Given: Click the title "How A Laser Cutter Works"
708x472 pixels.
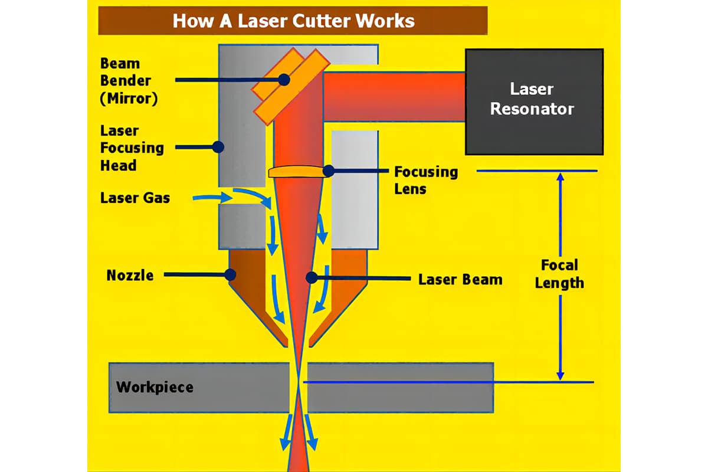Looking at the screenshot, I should click(x=293, y=21).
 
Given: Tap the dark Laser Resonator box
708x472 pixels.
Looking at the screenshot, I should click(x=534, y=101).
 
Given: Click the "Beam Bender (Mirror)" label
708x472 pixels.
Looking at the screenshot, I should click(x=129, y=80).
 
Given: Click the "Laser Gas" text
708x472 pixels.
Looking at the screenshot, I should click(x=135, y=198).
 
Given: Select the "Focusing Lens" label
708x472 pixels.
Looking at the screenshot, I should click(x=425, y=180).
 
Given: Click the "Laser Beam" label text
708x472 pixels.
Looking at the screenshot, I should click(x=460, y=278).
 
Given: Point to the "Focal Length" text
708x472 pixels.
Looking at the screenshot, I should click(x=559, y=274).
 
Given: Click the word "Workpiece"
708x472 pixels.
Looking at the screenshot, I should click(x=155, y=388).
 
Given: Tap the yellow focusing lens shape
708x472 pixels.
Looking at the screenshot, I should click(x=298, y=172).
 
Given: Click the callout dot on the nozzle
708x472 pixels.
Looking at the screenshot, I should click(x=230, y=275).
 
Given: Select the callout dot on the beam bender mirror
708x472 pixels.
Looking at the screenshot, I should click(x=284, y=79).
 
